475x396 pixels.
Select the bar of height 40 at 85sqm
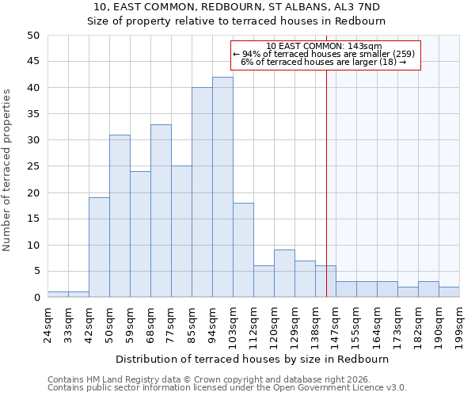[202, 192]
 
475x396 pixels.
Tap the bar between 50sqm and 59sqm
[120, 216]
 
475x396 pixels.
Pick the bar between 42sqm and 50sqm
[99, 247]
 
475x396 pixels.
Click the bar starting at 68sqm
[161, 211]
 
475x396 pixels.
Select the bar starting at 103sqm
[243, 250]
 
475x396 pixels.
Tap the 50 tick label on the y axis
[32, 36]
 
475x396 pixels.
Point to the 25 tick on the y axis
[32, 166]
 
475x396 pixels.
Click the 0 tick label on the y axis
[36, 298]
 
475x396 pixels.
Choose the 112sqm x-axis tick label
[253, 324]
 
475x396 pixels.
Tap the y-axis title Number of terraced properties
[8, 169]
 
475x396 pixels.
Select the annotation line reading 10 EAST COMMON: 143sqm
[325, 46]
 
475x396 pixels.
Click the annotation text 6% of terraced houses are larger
[325, 62]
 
